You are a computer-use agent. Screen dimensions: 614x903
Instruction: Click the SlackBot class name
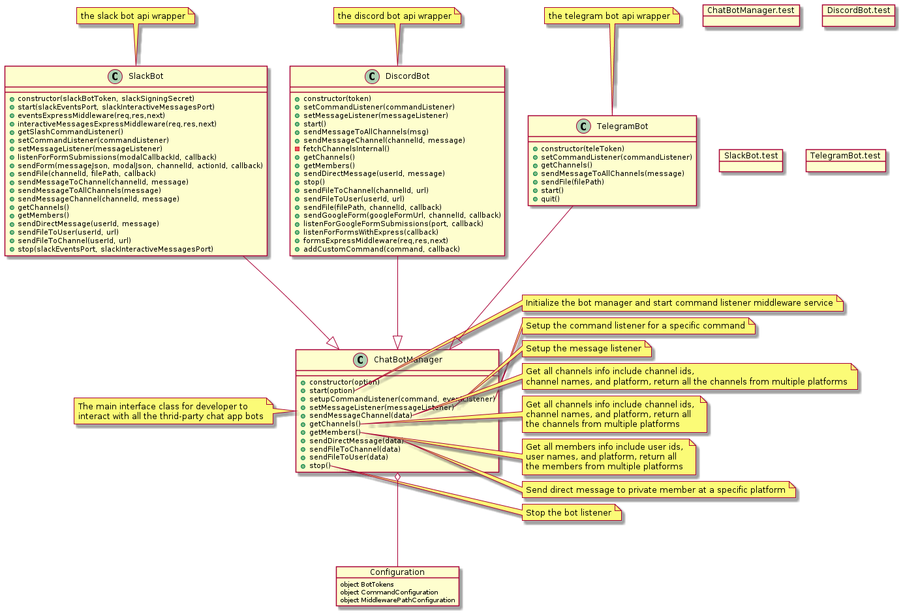coord(146,76)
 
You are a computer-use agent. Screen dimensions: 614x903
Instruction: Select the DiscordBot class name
coord(407,76)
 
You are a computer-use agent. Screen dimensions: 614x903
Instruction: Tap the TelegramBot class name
coord(622,126)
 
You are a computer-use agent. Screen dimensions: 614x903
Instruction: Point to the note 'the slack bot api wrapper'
coord(133,16)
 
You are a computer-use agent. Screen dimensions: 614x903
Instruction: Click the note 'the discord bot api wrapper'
coord(395,16)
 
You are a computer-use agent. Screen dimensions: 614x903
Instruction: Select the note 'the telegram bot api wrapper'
coord(609,16)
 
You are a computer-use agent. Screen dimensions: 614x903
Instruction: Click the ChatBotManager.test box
coord(751,11)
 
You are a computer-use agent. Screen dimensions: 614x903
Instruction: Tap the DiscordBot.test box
coord(859,11)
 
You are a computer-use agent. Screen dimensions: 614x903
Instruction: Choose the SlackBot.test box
coord(751,156)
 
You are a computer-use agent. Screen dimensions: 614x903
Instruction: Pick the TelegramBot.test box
coord(846,156)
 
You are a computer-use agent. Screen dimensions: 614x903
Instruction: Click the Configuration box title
coord(397,572)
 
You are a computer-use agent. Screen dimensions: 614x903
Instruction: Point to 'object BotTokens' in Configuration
coord(367,585)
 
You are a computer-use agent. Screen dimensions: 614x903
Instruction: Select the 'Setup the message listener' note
coord(584,349)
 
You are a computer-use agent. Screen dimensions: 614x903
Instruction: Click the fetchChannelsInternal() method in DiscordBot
coord(346,149)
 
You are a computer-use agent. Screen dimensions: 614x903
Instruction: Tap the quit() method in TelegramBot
coord(550,199)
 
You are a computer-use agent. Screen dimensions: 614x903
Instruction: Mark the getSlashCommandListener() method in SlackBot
coord(70,132)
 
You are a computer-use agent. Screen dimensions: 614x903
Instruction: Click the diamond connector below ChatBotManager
coord(397,478)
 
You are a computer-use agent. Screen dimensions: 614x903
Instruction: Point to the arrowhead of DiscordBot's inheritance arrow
coord(397,343)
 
